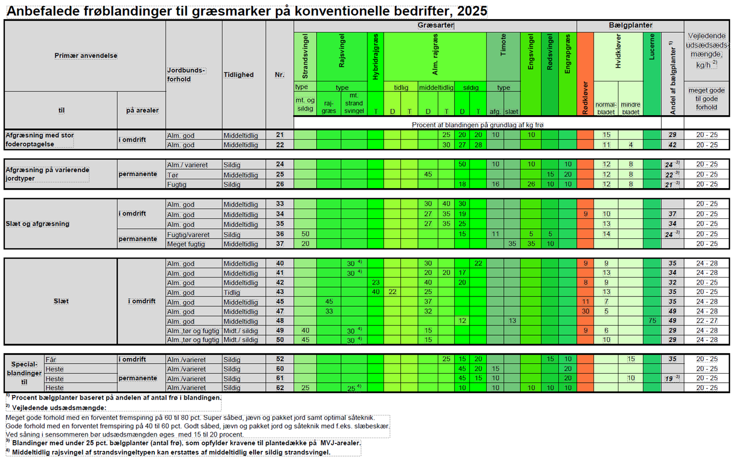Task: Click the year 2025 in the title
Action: (472, 11)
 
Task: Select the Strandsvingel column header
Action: (305, 57)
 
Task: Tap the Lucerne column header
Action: (652, 47)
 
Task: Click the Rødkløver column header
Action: (585, 98)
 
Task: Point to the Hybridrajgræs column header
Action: (375, 57)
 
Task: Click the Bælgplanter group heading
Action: (631, 25)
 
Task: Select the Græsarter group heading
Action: (436, 25)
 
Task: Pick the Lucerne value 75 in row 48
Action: (652, 320)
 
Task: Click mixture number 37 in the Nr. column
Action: (280, 244)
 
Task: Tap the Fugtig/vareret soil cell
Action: (188, 235)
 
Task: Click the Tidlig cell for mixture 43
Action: (232, 292)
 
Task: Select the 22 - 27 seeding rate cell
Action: (707, 320)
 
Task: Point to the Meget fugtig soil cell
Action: (186, 244)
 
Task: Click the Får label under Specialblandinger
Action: (51, 359)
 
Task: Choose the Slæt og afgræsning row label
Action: (38, 224)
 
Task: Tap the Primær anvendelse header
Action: (86, 55)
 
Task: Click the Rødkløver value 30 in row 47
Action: (585, 311)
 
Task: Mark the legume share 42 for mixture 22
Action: (672, 145)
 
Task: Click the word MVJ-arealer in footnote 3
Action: (340, 443)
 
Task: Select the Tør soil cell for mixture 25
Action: (172, 175)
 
